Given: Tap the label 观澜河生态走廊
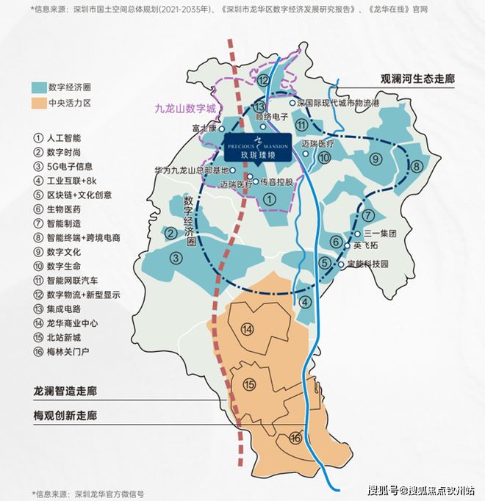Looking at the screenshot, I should point(422,78).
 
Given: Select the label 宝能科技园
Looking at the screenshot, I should point(367,264).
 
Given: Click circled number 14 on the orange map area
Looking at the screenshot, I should point(248,329).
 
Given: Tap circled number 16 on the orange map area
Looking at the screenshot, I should point(295,438).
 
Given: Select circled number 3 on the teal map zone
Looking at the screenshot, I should point(176,257).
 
